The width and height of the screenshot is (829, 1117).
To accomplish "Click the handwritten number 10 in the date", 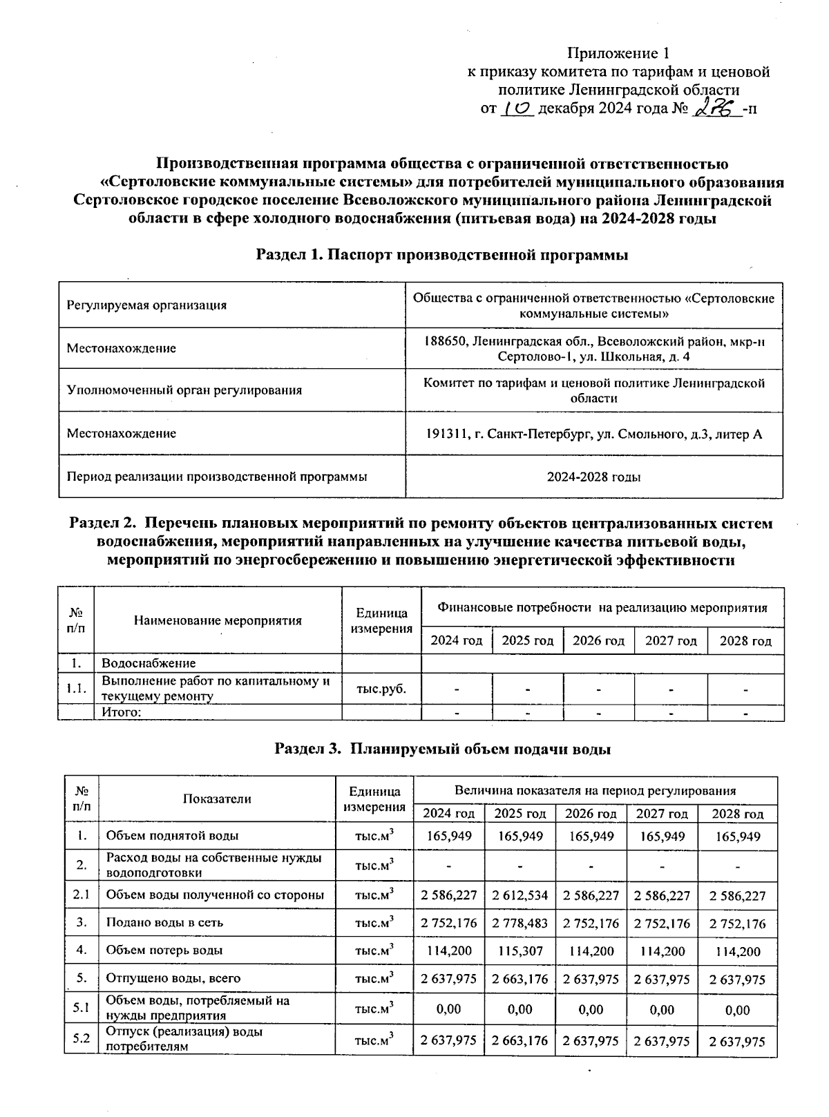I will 516,108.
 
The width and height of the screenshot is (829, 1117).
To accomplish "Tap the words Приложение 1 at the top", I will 618,53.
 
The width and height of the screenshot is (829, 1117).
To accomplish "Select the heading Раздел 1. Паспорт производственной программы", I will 442,255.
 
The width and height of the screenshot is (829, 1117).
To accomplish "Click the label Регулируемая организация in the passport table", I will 146,305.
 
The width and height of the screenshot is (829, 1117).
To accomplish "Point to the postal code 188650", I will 445,341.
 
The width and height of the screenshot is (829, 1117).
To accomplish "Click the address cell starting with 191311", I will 593,434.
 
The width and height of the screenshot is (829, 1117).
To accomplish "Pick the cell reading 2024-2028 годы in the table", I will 593,477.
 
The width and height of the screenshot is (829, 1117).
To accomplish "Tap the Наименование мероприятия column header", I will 218,620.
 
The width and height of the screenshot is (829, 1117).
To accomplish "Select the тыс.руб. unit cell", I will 381,689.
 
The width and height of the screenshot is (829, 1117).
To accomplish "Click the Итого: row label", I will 122,712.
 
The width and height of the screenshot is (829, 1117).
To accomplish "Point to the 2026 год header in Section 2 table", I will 598,640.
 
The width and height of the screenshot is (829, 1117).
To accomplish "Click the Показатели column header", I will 217,799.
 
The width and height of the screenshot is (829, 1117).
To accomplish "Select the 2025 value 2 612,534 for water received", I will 520,896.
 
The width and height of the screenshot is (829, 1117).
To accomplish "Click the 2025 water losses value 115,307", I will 520,951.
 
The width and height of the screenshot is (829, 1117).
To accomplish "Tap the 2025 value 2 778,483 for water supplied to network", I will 520,924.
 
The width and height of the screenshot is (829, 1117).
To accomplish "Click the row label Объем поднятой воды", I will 172,836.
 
